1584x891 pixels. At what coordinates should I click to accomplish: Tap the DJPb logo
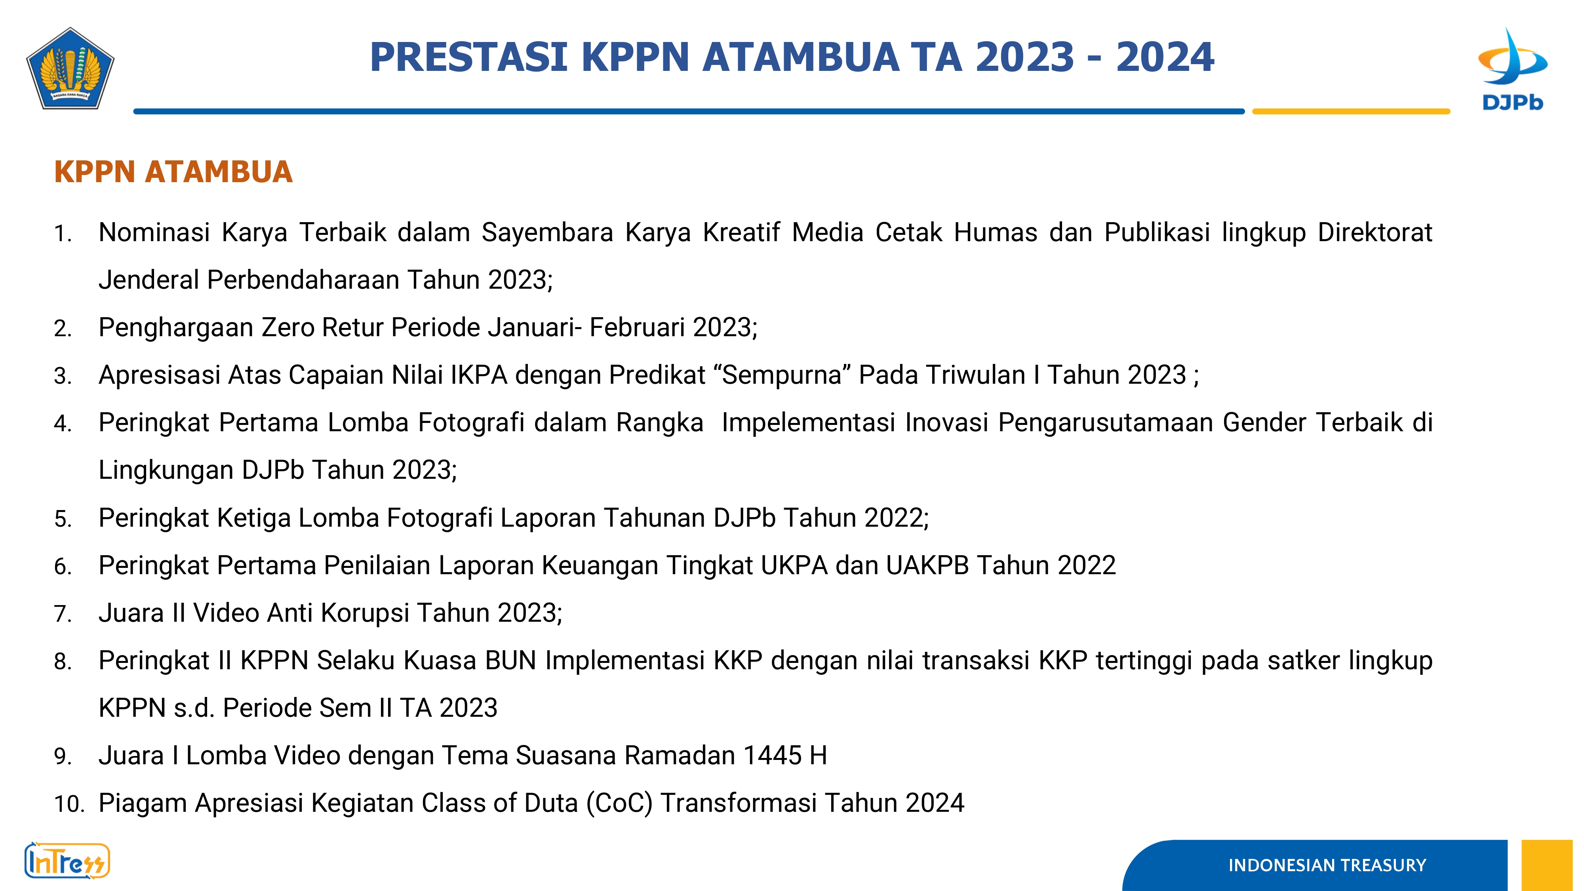click(x=1513, y=69)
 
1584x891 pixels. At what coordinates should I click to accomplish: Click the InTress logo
click(x=67, y=860)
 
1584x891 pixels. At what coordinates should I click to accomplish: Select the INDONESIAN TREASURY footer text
click(x=1327, y=865)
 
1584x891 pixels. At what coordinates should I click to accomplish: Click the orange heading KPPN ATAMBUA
click(x=173, y=171)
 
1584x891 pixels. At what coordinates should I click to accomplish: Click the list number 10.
click(x=69, y=804)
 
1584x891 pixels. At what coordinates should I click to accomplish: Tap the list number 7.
click(x=63, y=614)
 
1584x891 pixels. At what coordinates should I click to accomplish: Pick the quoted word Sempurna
click(x=782, y=375)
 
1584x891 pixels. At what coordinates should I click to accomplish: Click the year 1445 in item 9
click(x=772, y=756)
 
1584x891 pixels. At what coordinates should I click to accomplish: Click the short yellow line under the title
click(x=1351, y=111)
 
